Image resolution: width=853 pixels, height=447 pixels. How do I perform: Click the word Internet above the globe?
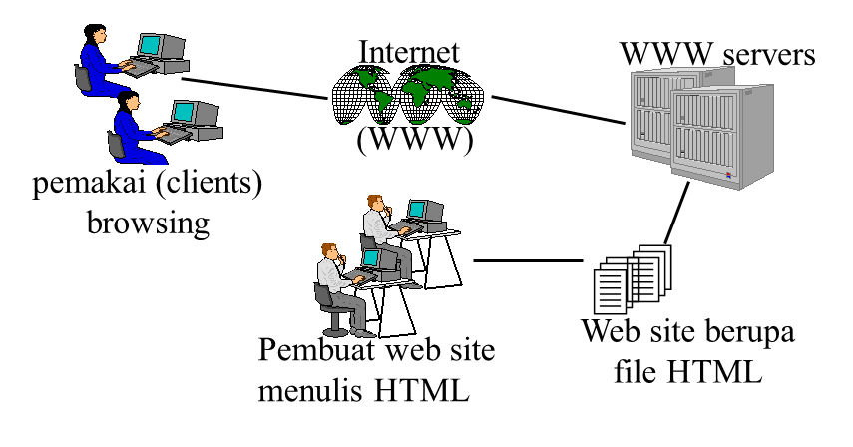click(x=409, y=52)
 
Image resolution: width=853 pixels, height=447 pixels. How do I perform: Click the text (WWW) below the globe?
click(x=414, y=141)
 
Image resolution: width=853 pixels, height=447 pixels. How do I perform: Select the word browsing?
click(x=149, y=222)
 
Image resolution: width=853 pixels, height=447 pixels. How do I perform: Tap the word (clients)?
click(x=208, y=187)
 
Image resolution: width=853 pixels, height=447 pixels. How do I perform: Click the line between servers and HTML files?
click(x=678, y=216)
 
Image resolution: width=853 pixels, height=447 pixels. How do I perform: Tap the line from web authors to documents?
click(x=526, y=261)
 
